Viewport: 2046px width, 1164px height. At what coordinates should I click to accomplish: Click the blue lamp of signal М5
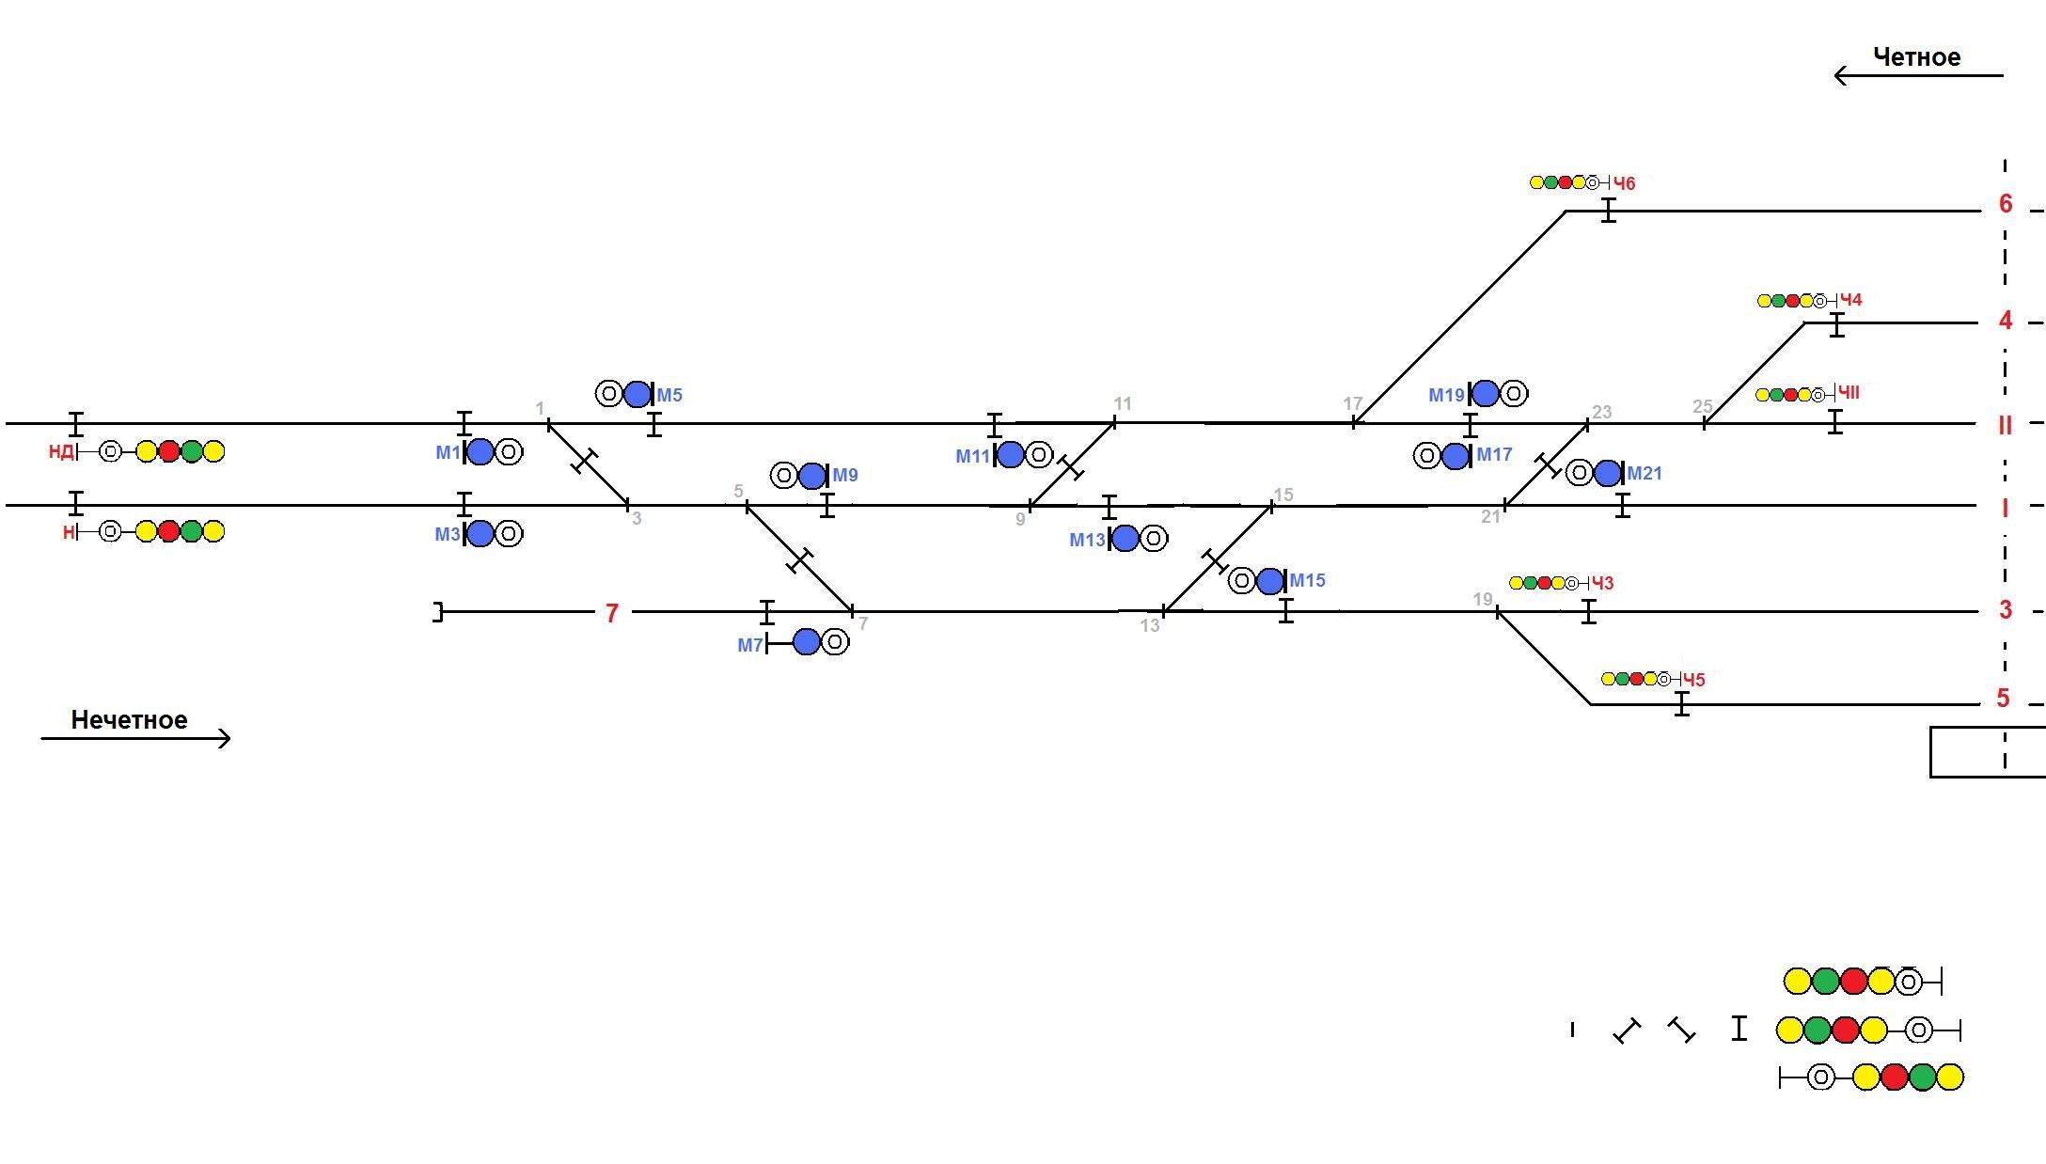pyautogui.click(x=637, y=394)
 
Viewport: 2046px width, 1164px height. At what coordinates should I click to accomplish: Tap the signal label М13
pyautogui.click(x=1087, y=541)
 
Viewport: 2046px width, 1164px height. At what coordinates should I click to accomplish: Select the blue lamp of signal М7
pyautogui.click(x=807, y=642)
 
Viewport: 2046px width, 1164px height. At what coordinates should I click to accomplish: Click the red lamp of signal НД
pyautogui.click(x=169, y=451)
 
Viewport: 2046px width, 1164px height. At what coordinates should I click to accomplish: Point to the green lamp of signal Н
pyautogui.click(x=192, y=531)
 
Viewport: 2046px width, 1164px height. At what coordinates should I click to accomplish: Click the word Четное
pyautogui.click(x=1916, y=57)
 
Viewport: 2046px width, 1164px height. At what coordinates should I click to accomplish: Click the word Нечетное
pyautogui.click(x=129, y=720)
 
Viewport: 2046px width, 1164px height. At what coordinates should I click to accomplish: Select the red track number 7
pyautogui.click(x=612, y=613)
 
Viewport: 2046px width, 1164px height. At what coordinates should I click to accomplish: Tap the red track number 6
pyautogui.click(x=2005, y=204)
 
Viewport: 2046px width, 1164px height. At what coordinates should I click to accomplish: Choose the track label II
pyautogui.click(x=2005, y=425)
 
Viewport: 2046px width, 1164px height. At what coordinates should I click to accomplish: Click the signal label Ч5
pyautogui.click(x=1693, y=680)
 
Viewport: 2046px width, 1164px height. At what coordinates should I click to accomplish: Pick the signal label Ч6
pyautogui.click(x=1624, y=183)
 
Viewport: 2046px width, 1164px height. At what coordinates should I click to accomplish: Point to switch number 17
pyautogui.click(x=1352, y=403)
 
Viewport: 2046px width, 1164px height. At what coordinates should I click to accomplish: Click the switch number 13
pyautogui.click(x=1150, y=625)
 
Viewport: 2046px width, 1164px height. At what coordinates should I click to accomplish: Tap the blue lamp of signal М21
pyautogui.click(x=1608, y=473)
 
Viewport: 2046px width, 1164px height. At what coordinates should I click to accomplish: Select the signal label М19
pyautogui.click(x=1446, y=395)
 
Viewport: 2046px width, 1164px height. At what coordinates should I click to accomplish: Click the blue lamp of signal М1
pyautogui.click(x=480, y=452)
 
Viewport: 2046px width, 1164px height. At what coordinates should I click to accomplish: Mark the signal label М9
pyautogui.click(x=845, y=476)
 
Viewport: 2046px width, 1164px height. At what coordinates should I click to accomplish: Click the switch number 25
pyautogui.click(x=1702, y=407)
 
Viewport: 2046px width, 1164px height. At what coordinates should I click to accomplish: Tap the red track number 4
pyautogui.click(x=2005, y=322)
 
